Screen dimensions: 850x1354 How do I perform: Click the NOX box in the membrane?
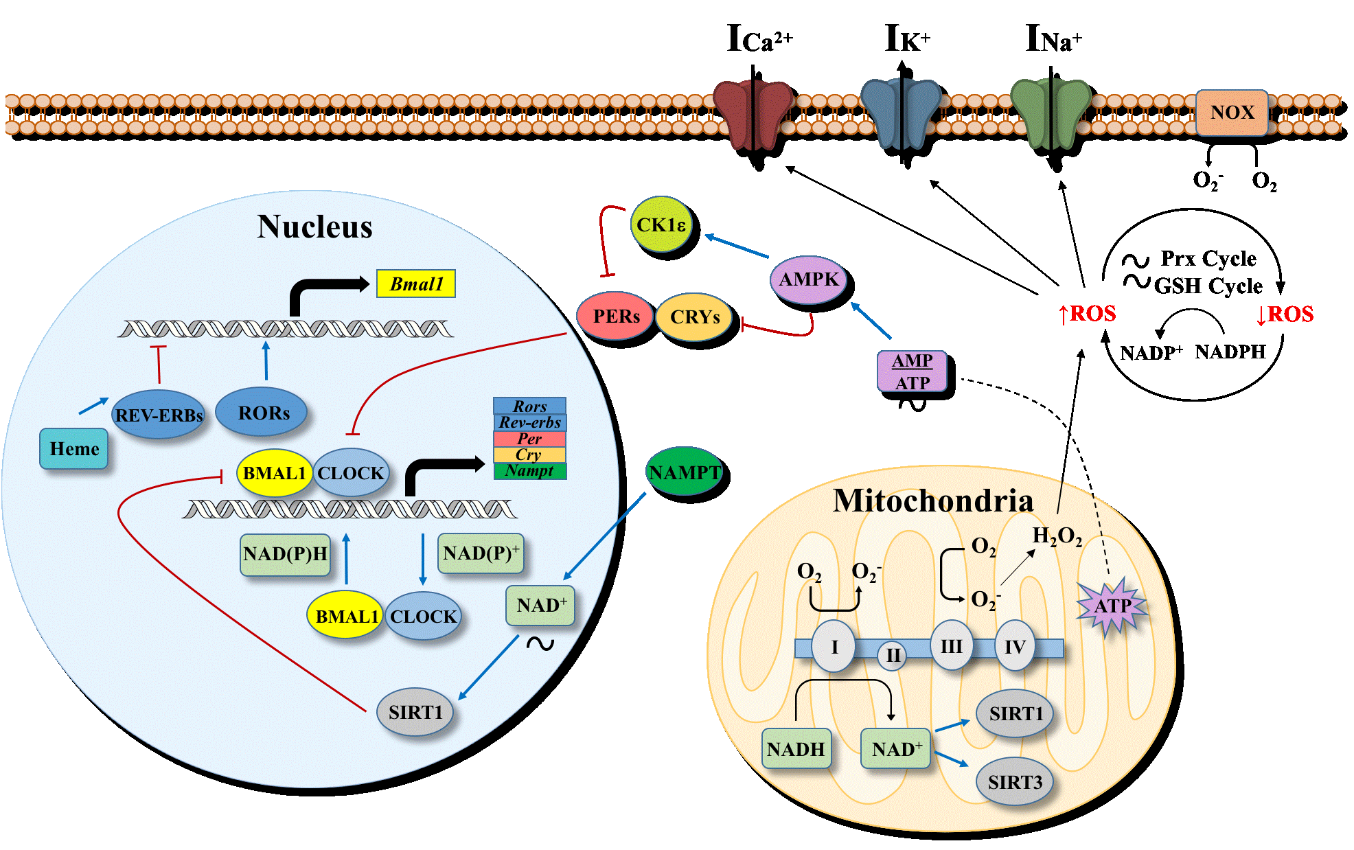click(1232, 113)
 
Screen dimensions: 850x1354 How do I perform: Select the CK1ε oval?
click(661, 225)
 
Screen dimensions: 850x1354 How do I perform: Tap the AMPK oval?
click(808, 279)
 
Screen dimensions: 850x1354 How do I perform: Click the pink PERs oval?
click(615, 317)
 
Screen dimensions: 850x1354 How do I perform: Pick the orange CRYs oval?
click(694, 317)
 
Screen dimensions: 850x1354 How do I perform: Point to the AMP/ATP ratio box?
click(912, 371)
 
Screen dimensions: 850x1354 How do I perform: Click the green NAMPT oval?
click(684, 472)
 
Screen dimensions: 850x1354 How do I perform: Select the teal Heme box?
click(74, 449)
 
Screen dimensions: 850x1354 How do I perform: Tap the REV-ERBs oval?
click(159, 415)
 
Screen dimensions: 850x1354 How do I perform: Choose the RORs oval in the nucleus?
click(262, 413)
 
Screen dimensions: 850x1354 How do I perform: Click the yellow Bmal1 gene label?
click(416, 284)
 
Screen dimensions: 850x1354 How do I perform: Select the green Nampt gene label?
click(529, 471)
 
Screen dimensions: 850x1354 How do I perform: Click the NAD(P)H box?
click(285, 554)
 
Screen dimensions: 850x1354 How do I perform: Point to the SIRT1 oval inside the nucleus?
click(415, 712)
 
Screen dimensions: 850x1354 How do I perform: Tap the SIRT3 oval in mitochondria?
click(1014, 782)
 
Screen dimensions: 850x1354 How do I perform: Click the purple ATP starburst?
click(1112, 606)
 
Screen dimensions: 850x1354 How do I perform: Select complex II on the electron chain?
click(893, 655)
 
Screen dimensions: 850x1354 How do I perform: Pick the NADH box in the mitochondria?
click(796, 748)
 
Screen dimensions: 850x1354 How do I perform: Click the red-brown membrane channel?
click(753, 114)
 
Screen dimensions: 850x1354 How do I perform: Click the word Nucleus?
click(314, 227)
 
